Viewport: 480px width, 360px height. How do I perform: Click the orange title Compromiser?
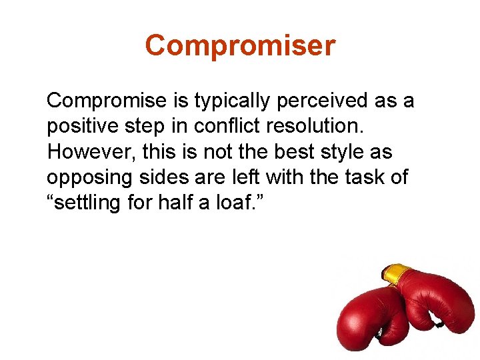coord(240,46)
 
